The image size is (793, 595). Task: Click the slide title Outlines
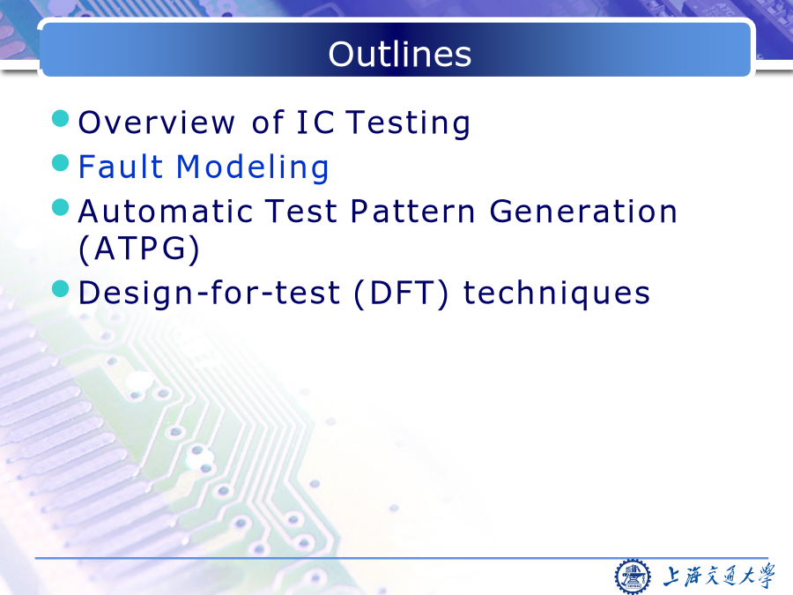coord(399,54)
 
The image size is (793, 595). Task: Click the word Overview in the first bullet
coord(156,123)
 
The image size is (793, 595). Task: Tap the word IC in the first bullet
coord(315,123)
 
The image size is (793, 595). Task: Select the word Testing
coord(408,123)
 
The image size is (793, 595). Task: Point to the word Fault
coord(121,167)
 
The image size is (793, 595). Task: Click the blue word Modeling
coord(252,167)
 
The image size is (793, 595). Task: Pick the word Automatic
coord(165,211)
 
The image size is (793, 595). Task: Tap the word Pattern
coord(412,211)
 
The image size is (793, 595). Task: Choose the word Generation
coord(583,211)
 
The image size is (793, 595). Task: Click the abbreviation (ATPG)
coord(139,249)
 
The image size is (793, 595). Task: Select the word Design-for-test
coord(209,294)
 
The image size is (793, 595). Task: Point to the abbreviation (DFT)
coord(401,294)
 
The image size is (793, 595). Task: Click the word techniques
coord(556,294)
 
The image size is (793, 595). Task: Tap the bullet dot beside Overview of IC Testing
coord(61,118)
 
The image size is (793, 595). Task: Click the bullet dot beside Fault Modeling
coord(61,163)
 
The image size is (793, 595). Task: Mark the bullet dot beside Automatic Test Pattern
coord(61,207)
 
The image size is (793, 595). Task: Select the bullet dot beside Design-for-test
coord(61,289)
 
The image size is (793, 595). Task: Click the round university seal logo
coord(633,576)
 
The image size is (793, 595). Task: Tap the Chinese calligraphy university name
coord(719,576)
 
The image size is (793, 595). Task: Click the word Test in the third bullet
coord(301,211)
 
